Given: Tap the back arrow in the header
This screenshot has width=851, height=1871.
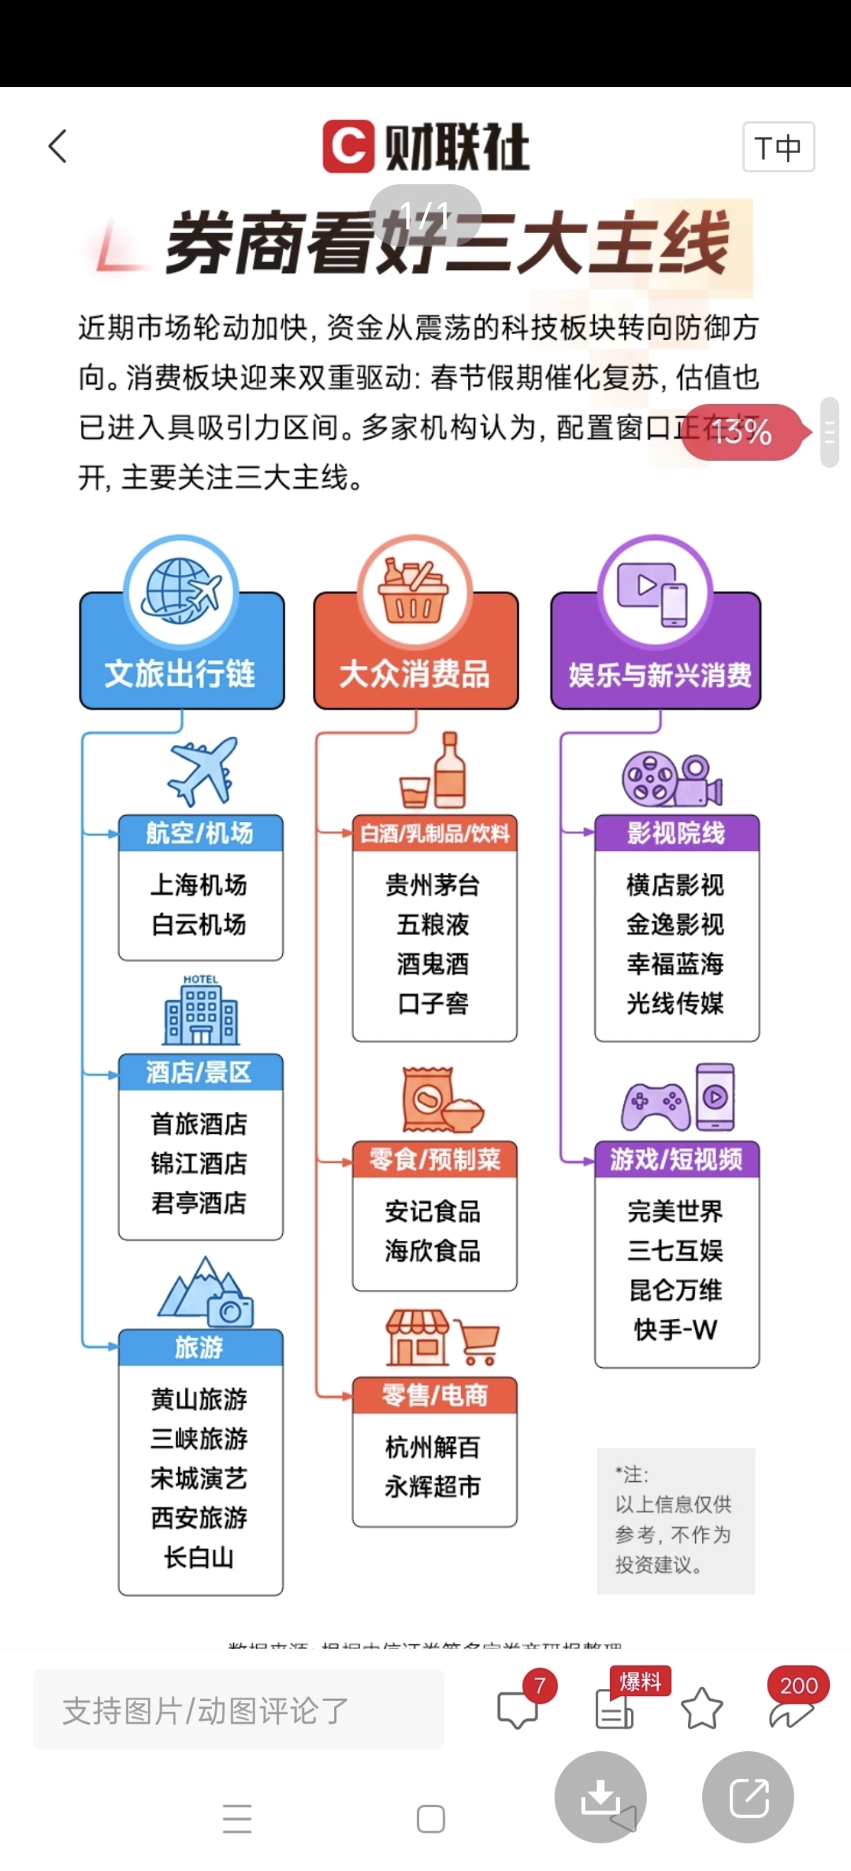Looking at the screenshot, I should (x=58, y=146).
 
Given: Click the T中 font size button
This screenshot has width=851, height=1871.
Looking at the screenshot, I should (x=777, y=147).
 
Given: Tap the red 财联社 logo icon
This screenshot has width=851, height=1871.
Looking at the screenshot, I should (x=348, y=147).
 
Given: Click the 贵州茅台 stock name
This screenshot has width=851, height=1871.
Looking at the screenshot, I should (x=433, y=884).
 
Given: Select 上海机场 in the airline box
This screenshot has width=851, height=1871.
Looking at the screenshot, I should (x=199, y=884).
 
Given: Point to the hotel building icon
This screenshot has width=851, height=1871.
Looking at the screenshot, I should (x=201, y=1011).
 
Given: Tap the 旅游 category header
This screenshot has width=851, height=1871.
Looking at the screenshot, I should (x=200, y=1347).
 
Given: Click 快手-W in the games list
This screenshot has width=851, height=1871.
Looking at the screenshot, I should (x=676, y=1330).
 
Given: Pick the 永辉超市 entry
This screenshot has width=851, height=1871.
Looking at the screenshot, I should (x=433, y=1487).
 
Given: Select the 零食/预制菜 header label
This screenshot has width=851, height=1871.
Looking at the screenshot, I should (x=435, y=1159).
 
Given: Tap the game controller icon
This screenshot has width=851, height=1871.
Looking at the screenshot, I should (x=655, y=1104).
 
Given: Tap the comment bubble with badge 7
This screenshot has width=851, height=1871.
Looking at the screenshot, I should (x=518, y=1709).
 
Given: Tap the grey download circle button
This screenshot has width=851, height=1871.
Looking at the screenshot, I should (x=600, y=1797).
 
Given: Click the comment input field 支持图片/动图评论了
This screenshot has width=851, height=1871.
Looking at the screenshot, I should (x=238, y=1711).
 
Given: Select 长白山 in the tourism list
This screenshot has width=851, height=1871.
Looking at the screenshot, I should (x=199, y=1557).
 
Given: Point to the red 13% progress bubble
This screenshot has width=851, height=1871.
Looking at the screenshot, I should (x=741, y=432).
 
